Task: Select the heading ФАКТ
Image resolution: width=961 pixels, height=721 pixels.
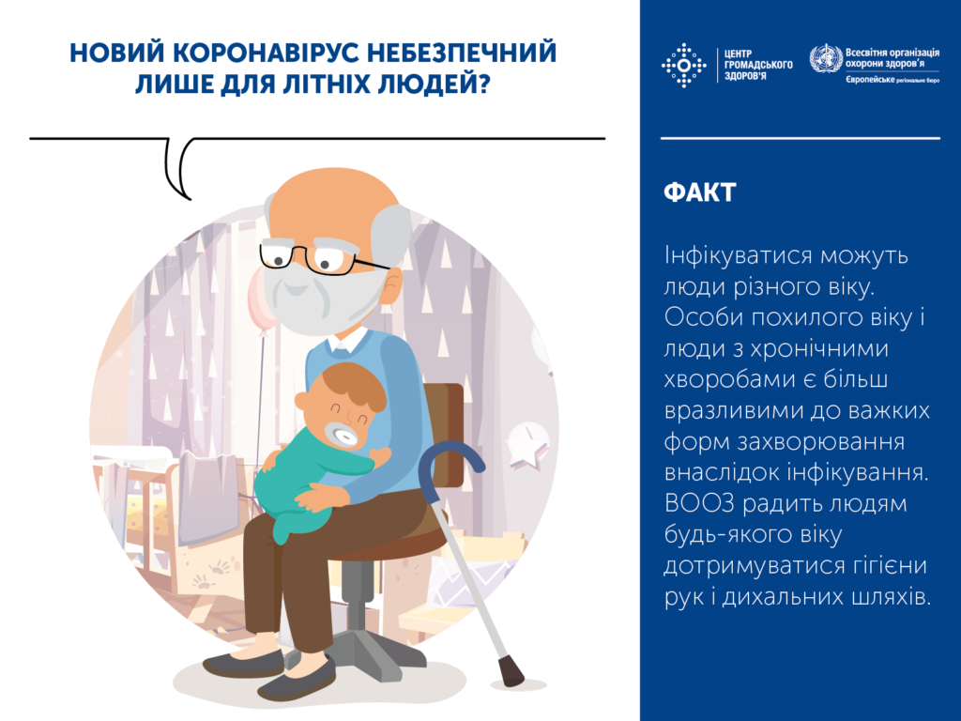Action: [x=699, y=193]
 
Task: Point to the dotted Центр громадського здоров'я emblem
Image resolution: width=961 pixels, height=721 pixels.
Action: [x=684, y=65]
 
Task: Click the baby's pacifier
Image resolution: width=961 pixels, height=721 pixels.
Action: [x=341, y=437]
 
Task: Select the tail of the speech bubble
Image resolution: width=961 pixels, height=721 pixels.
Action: [x=180, y=174]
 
